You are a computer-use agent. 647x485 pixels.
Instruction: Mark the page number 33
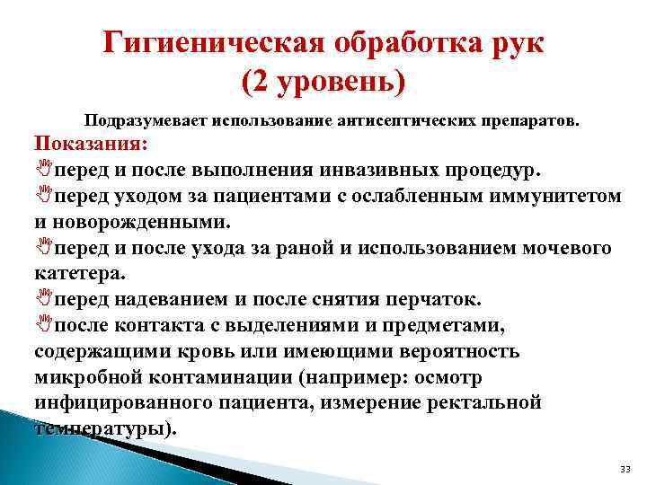pos(625,470)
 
